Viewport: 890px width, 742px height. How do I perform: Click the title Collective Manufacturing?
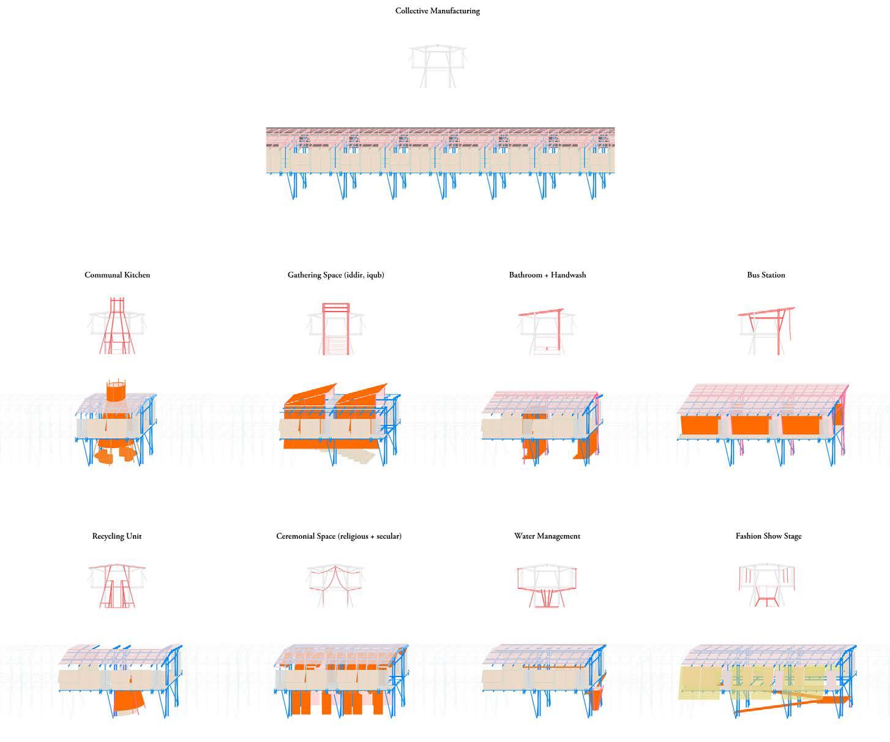(437, 11)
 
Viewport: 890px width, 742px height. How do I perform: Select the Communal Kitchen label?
(117, 275)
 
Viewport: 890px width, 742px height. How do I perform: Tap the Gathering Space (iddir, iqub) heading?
(335, 275)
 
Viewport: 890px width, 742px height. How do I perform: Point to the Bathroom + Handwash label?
(547, 275)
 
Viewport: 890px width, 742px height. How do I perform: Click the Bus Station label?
(766, 275)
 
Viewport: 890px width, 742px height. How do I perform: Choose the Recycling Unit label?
(116, 536)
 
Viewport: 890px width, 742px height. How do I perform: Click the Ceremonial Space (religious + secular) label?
(338, 536)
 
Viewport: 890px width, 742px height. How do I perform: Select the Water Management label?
(547, 536)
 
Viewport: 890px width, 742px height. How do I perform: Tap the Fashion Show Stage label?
(768, 536)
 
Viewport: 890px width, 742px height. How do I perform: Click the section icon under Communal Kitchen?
(117, 326)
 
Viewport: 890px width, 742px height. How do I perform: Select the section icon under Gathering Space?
(335, 328)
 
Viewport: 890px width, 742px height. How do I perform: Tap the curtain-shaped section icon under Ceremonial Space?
(335, 585)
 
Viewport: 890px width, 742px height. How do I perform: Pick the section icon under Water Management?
(547, 585)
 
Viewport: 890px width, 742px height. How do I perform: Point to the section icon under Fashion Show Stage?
(766, 585)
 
